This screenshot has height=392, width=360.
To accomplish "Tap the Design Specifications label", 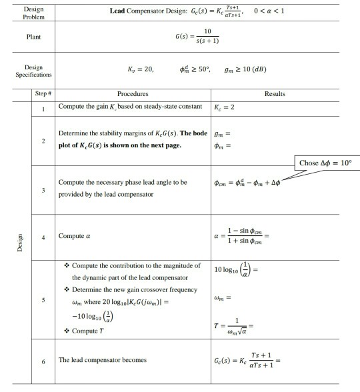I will tap(28, 71).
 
